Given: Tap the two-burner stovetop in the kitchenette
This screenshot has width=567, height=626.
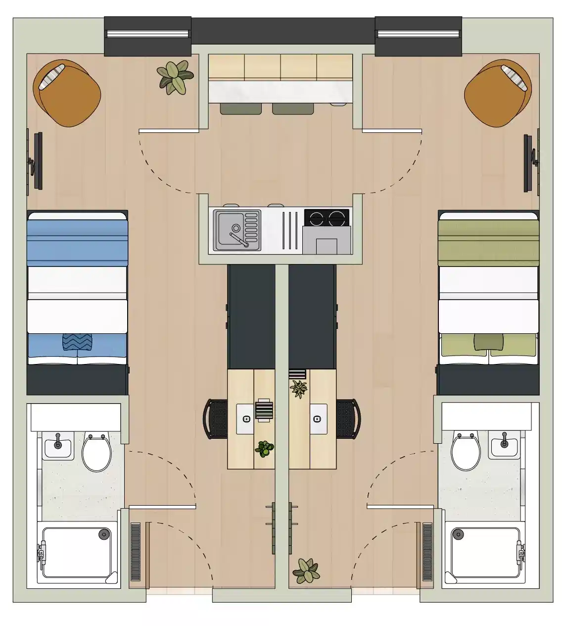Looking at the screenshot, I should point(327,217).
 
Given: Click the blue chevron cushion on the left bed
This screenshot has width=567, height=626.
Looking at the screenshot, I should point(78,342).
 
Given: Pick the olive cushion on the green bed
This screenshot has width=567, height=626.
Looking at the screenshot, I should point(488,342).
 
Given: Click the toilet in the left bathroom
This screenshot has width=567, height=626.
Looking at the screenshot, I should point(96,452).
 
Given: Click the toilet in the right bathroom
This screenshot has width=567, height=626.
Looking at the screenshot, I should point(466,452).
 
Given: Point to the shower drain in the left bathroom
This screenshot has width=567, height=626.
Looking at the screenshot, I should point(103,534).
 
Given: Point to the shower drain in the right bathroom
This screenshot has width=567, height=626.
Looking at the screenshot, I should point(458,534).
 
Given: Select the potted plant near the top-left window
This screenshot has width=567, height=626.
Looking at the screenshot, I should point(175,77).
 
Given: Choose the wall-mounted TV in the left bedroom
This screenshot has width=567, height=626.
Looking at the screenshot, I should point(37,160).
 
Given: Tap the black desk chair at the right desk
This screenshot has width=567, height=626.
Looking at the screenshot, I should point(349,419).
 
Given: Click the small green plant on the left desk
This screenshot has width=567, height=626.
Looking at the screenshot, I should point(265,449).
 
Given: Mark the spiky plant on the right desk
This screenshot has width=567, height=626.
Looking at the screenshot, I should point(298,389).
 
